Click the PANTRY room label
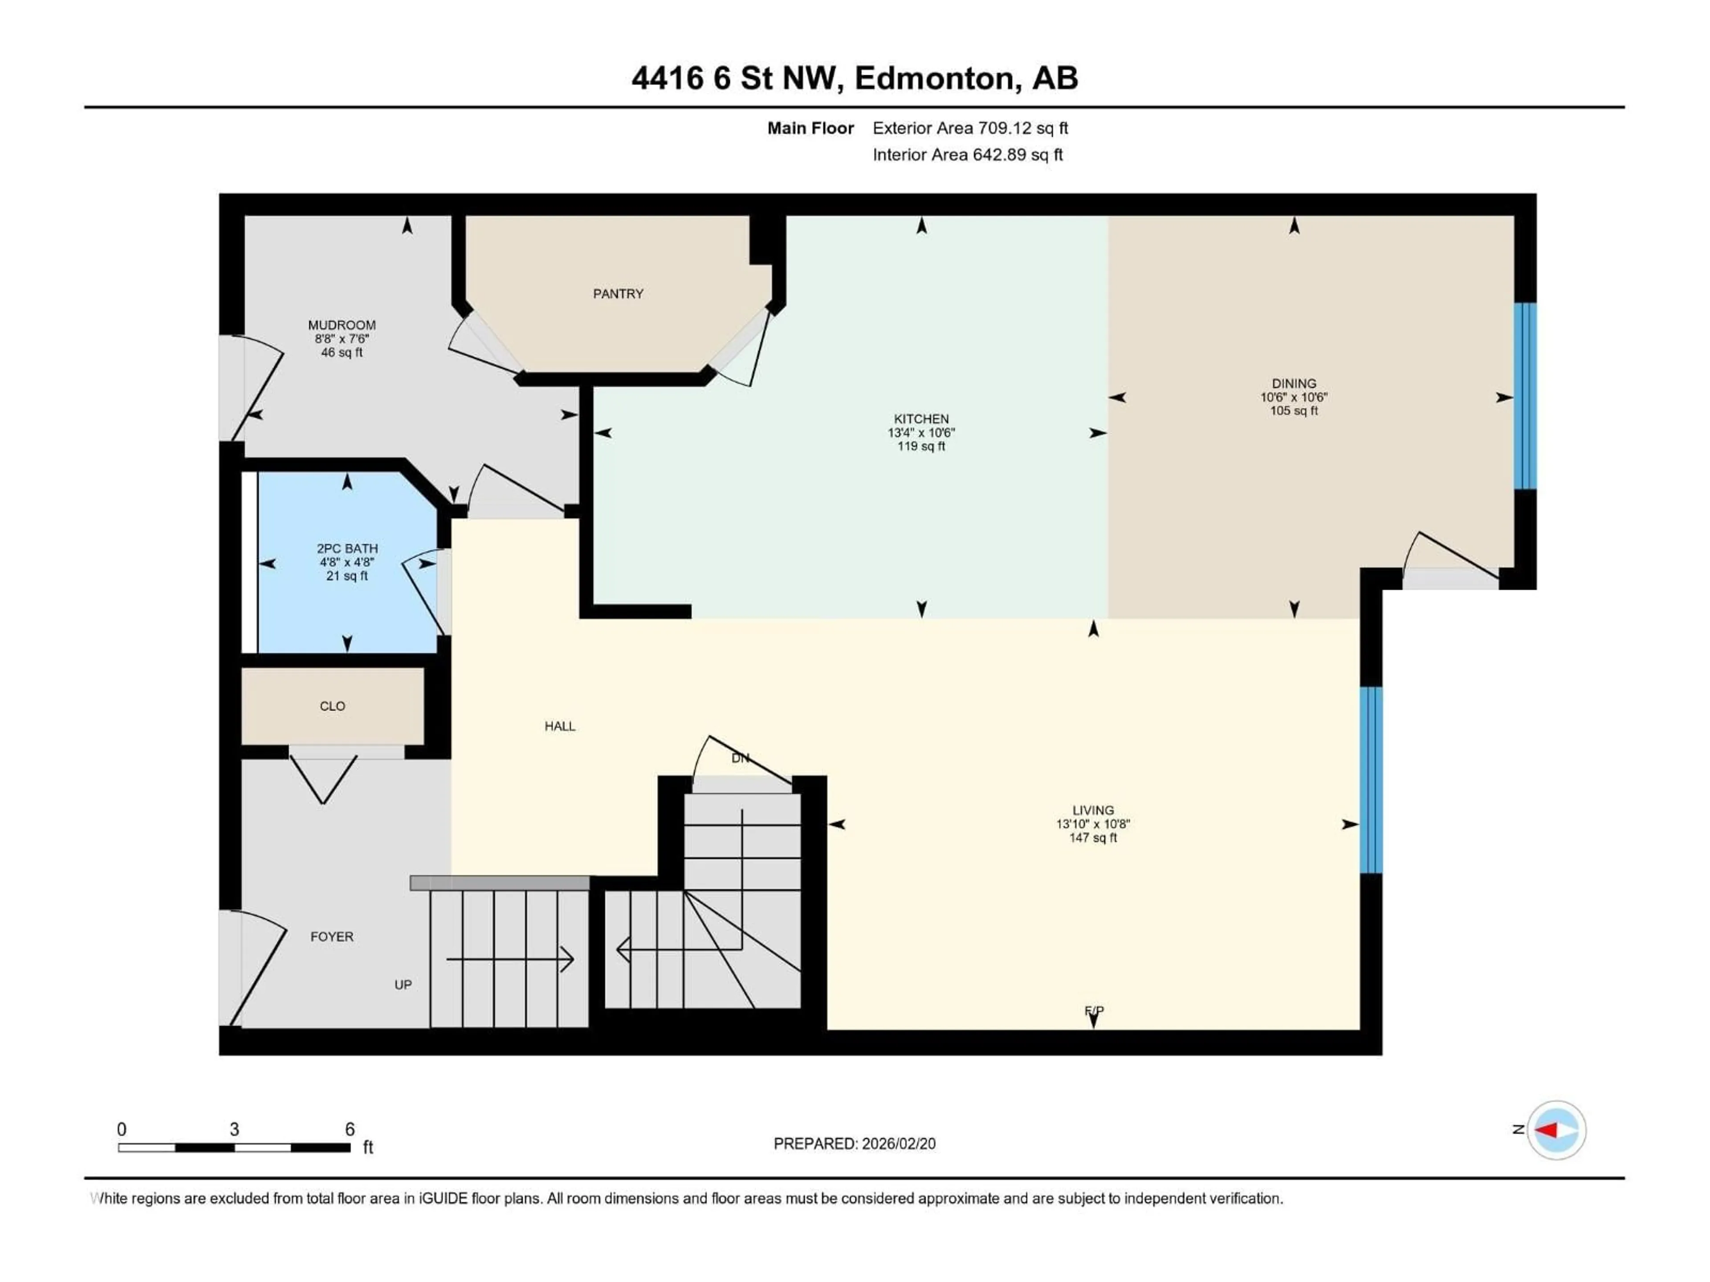point(618,294)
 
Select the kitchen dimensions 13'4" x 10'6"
point(921,433)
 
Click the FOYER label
point(332,937)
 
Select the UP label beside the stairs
point(403,985)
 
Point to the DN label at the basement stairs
point(740,758)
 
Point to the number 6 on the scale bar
point(350,1129)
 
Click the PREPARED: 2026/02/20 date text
point(854,1144)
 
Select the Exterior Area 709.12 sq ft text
point(970,128)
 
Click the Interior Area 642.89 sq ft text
point(967,154)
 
